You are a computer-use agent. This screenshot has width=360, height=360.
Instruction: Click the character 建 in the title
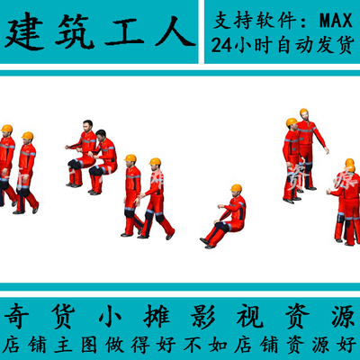[x=26, y=33]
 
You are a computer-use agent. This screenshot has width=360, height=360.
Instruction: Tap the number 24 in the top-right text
[x=222, y=43]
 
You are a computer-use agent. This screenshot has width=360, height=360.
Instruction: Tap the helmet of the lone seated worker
[x=236, y=189]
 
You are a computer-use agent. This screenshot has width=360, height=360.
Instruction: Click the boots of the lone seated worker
[x=206, y=242]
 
